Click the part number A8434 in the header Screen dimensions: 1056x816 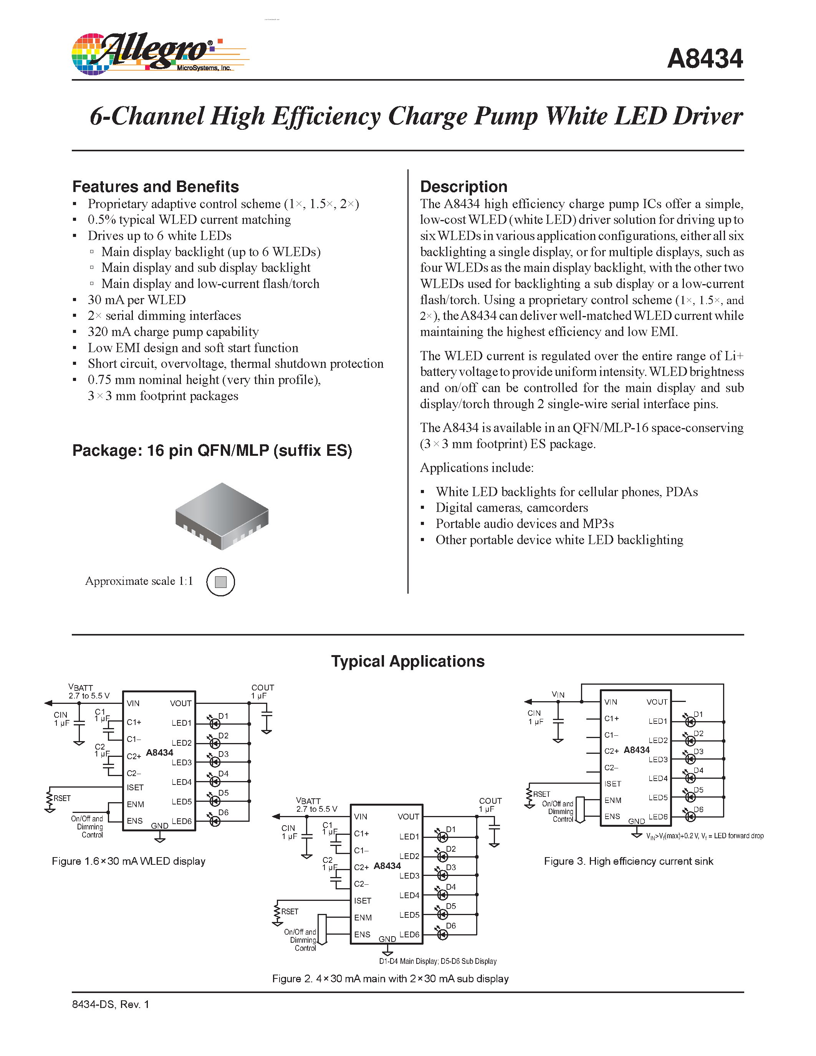(x=704, y=59)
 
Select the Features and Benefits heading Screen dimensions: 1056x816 (x=155, y=187)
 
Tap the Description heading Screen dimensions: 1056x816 (x=463, y=187)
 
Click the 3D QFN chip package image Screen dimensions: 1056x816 (x=222, y=516)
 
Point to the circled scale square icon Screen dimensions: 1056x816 (x=220, y=582)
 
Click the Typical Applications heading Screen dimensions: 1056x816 (x=407, y=661)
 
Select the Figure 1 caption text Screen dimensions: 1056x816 (x=129, y=861)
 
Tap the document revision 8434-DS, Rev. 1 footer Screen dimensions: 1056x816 (x=111, y=1004)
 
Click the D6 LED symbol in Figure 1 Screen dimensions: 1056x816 (x=215, y=821)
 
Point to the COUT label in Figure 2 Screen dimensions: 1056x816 (x=490, y=801)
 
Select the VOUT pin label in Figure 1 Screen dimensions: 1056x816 (x=180, y=703)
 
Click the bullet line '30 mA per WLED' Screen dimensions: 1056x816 (x=136, y=300)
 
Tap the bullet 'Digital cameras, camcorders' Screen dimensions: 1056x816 (x=511, y=508)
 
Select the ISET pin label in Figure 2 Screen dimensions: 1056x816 (x=362, y=901)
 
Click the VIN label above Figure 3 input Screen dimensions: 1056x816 (x=558, y=694)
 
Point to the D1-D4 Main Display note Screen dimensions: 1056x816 (x=437, y=961)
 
